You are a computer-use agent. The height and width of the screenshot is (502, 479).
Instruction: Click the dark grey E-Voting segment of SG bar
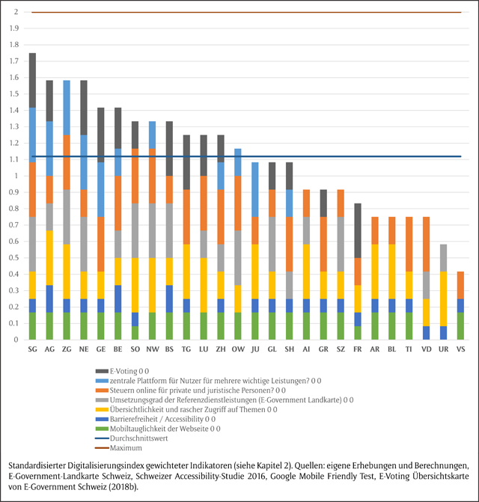tap(32, 80)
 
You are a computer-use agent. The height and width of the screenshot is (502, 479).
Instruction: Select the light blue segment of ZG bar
tap(67, 107)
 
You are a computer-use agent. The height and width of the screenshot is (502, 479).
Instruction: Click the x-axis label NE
tap(84, 349)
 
